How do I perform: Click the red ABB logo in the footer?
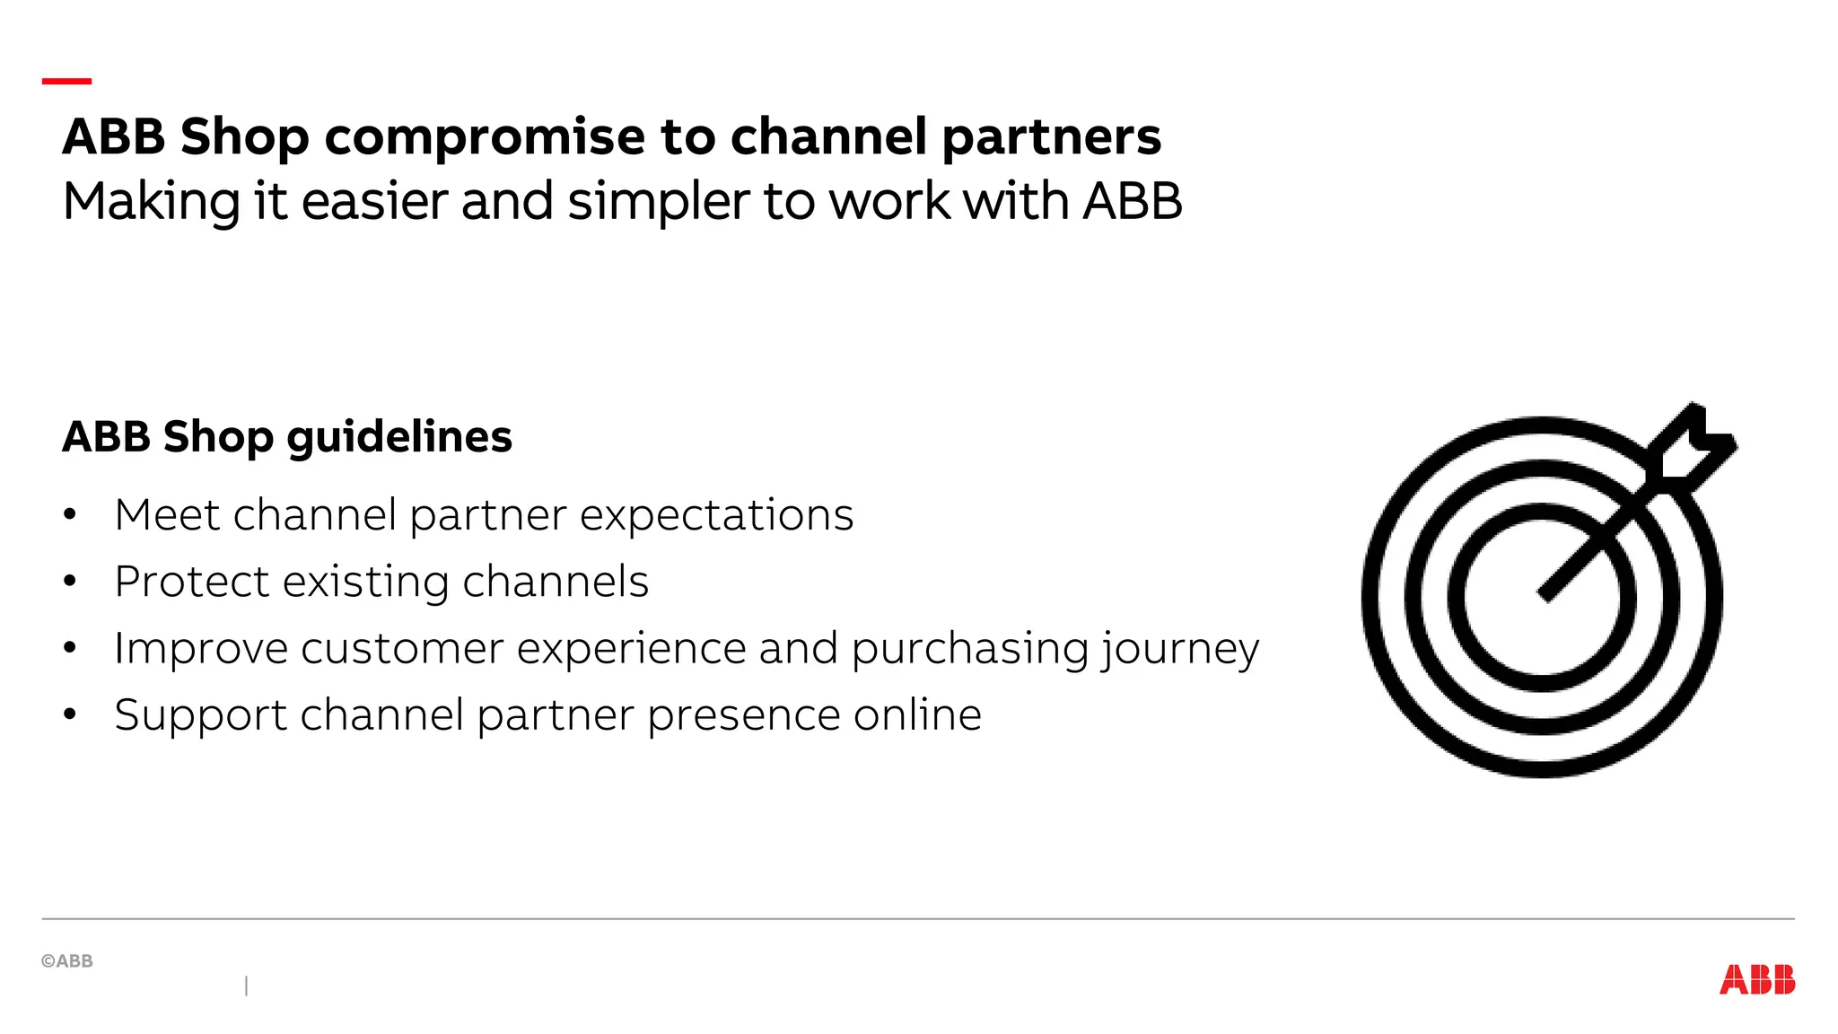[x=1756, y=979]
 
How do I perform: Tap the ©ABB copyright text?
[x=67, y=961]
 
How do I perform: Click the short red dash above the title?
[x=66, y=81]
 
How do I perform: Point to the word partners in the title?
[x=1051, y=137]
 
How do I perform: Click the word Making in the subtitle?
[x=151, y=201]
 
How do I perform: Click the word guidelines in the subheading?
[x=399, y=437]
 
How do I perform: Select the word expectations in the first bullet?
[x=716, y=515]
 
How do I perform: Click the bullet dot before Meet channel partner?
[x=70, y=515]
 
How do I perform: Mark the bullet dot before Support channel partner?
[x=70, y=715]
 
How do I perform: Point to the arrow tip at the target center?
[x=1546, y=594]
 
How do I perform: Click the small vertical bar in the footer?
[x=246, y=986]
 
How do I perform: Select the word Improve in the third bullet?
[x=200, y=649]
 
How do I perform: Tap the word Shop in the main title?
[x=244, y=137]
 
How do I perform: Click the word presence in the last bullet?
[x=742, y=715]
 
